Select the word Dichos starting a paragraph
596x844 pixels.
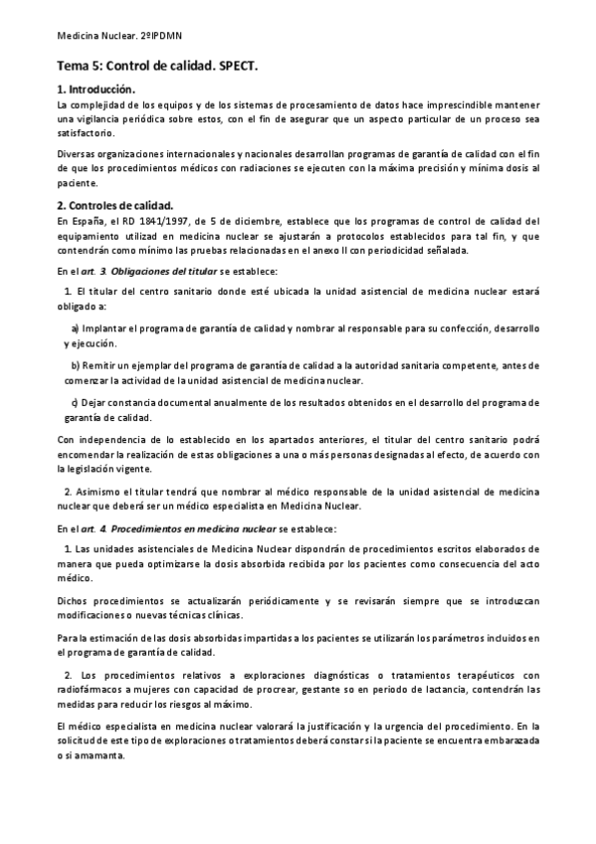pyautogui.click(x=76, y=600)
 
